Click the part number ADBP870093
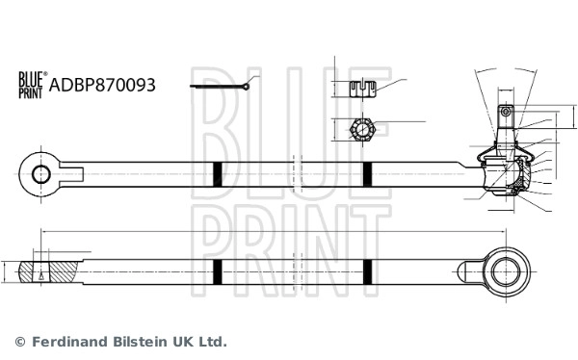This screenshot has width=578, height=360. point(101,85)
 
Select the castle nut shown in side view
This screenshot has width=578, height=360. point(361,90)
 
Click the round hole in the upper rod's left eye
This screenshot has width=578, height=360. point(41,174)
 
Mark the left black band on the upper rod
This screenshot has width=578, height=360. point(218,174)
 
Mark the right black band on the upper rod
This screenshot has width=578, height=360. point(367,174)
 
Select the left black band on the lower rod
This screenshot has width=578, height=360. point(218,272)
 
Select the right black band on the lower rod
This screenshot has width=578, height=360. point(367,272)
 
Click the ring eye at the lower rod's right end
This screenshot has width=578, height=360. point(505,272)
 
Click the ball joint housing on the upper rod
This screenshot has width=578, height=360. point(505,174)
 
